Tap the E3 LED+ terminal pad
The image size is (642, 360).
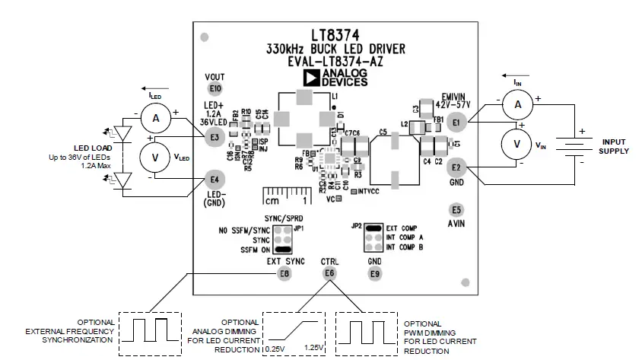[x=215, y=137]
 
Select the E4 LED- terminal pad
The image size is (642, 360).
[x=215, y=180]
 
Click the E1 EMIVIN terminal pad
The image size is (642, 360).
[x=456, y=122]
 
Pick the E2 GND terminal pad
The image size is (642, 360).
[x=456, y=167]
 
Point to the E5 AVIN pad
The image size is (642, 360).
[x=456, y=209]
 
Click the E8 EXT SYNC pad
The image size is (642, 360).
[x=284, y=273]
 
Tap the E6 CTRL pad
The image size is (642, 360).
[x=329, y=273]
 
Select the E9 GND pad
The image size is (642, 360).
[x=374, y=273]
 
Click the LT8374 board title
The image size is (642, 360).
[x=335, y=36]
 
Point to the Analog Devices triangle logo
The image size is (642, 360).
[x=311, y=77]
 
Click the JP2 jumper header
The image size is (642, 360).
[x=373, y=238]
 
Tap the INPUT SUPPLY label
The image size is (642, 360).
[x=612, y=146]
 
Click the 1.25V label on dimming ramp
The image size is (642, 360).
[x=314, y=349]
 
